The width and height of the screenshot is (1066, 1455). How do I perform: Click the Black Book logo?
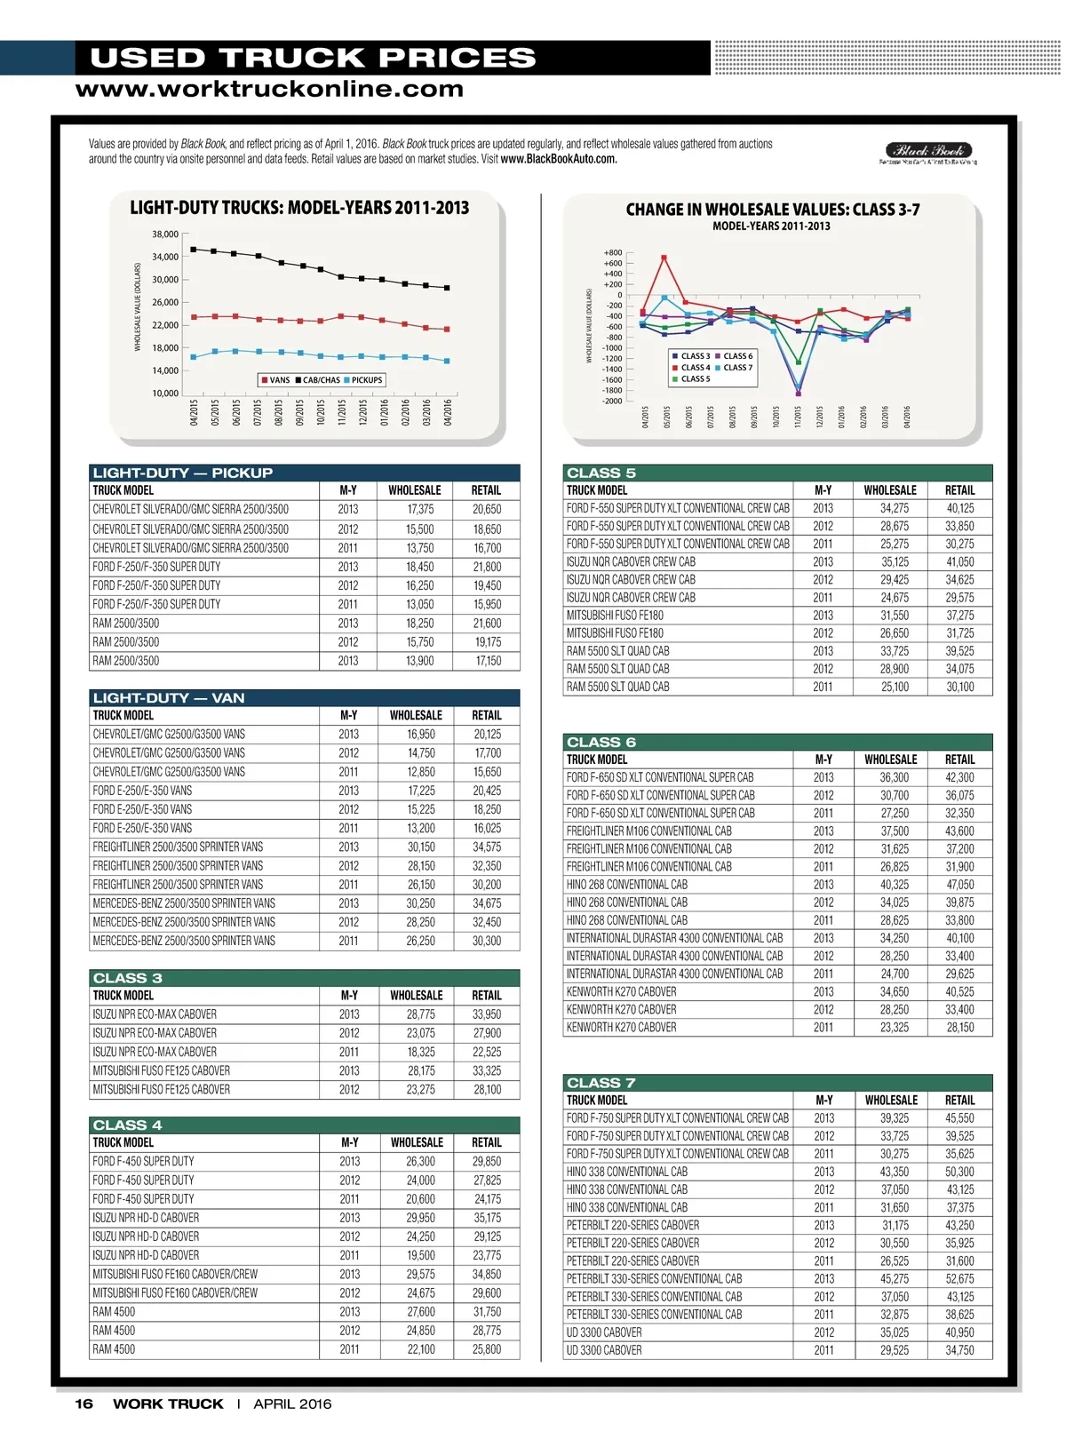click(x=928, y=152)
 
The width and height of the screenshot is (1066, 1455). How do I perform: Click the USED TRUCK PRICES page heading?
click(x=313, y=58)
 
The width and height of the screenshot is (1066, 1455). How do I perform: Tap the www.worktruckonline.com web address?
click(x=269, y=89)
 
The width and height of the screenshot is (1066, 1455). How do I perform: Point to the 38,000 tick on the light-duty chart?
click(x=165, y=235)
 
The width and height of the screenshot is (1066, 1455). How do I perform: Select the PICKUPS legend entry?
click(x=366, y=380)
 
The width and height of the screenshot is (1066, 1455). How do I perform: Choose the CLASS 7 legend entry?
click(x=737, y=367)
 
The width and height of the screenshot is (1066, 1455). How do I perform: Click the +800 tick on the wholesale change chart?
click(x=612, y=253)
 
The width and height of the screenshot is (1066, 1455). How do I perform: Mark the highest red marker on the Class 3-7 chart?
click(x=664, y=258)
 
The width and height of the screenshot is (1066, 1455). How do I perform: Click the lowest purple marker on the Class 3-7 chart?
click(x=798, y=394)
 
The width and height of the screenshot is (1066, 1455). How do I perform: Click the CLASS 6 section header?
click(x=601, y=743)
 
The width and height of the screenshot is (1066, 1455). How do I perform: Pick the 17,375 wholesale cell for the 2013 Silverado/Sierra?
click(x=420, y=510)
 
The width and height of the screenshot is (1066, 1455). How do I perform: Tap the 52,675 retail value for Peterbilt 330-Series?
click(x=959, y=1279)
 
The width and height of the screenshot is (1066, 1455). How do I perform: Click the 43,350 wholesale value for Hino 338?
click(x=895, y=1172)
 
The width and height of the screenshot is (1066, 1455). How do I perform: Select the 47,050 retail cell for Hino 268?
click(x=959, y=885)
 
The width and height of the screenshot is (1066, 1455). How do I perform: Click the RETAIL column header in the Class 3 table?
click(x=486, y=996)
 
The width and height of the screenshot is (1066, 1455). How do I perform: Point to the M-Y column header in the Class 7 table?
click(x=823, y=1101)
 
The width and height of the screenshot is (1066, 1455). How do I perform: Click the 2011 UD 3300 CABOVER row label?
click(x=604, y=1350)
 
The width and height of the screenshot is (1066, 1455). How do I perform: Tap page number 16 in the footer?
click(x=84, y=1404)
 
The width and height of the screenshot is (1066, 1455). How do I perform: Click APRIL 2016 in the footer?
click(x=292, y=1404)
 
